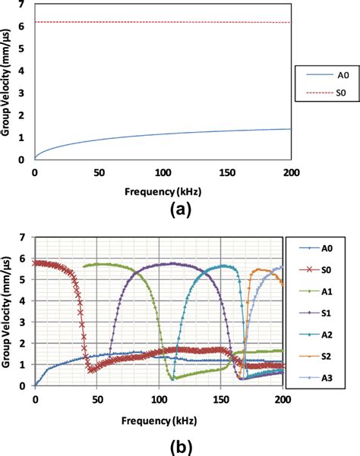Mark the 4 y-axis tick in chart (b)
24,300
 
